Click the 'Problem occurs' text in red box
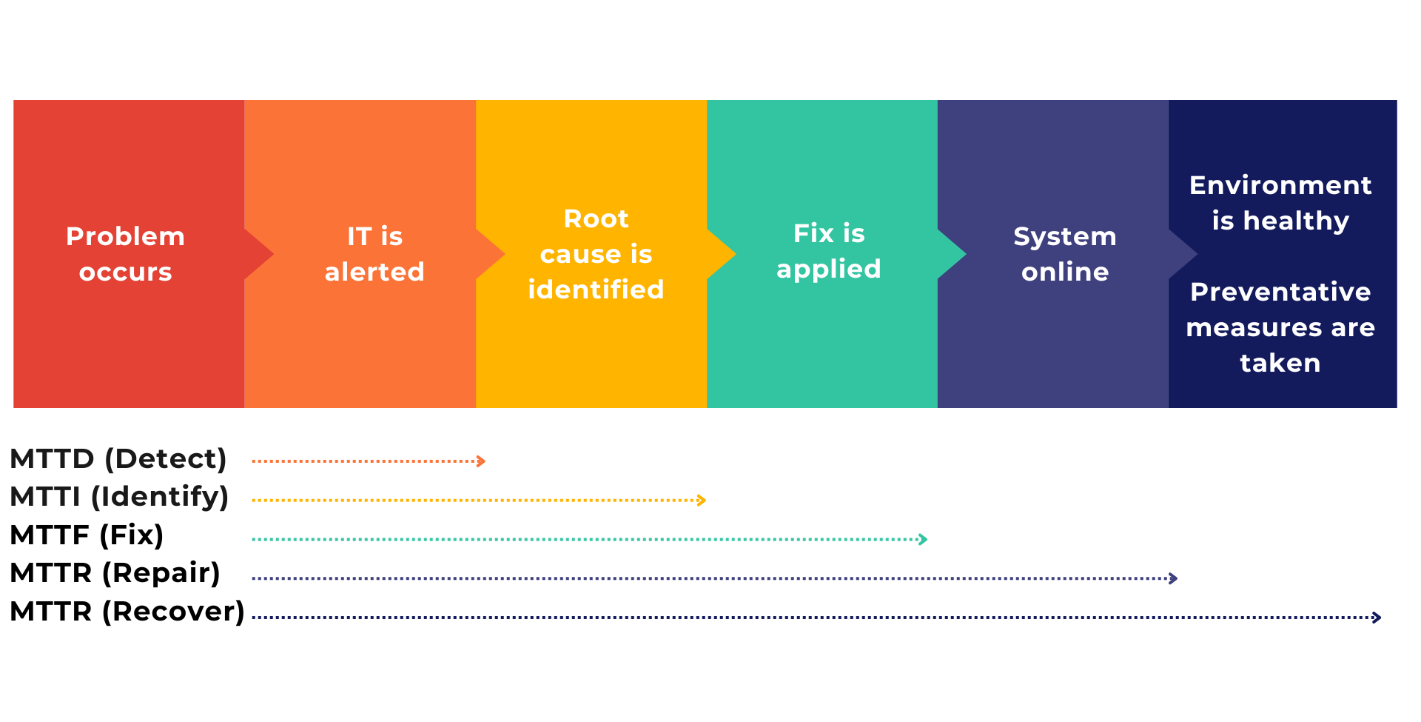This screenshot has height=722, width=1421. [125, 254]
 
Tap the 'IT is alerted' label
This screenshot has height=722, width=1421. [374, 254]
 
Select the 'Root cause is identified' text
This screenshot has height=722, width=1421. [596, 254]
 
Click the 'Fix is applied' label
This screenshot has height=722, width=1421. [828, 251]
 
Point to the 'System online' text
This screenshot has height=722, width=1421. [1064, 254]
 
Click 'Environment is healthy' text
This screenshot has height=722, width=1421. [1280, 203]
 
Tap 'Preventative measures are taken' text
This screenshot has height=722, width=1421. [1280, 327]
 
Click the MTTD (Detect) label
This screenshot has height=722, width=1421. [118, 459]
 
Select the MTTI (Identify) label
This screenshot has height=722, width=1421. [119, 497]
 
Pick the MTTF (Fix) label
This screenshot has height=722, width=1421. [87, 535]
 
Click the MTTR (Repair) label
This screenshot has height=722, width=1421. [115, 573]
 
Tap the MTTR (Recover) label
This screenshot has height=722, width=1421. [127, 612]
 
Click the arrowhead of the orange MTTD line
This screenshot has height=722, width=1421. [482, 461]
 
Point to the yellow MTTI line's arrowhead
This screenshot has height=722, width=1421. [702, 501]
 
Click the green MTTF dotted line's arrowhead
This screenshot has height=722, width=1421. [924, 539]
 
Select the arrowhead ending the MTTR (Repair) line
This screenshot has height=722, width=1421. [1174, 578]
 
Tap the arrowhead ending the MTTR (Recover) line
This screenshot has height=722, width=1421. [1377, 617]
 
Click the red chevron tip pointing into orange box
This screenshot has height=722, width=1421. [271, 254]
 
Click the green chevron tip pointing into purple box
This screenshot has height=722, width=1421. [964, 254]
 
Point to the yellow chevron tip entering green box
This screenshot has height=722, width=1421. [733, 254]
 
